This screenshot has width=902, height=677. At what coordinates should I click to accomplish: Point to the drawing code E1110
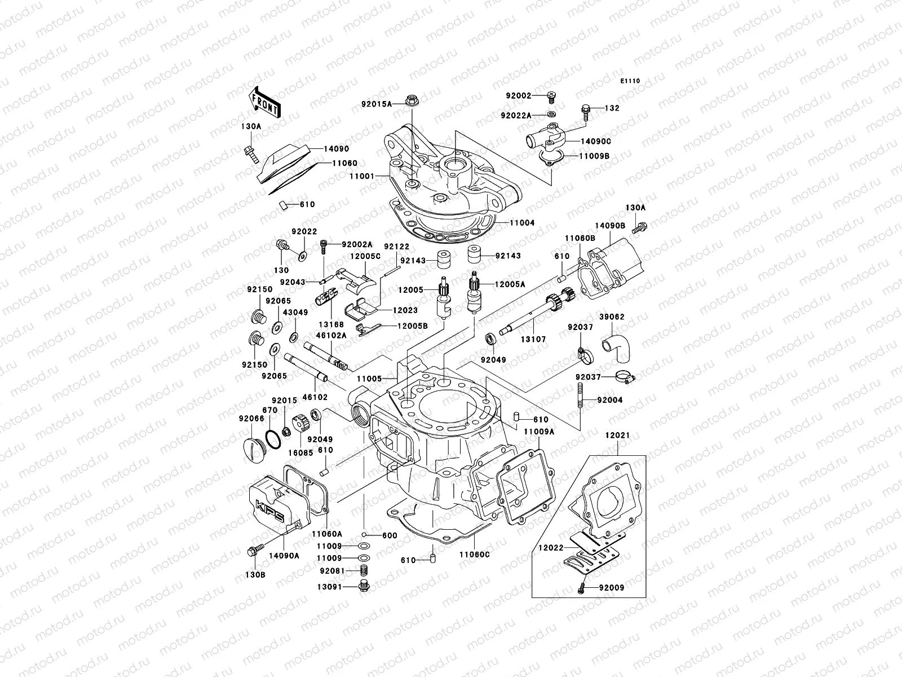pyautogui.click(x=630, y=81)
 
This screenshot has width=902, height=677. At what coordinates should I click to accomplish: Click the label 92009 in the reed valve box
pyautogui.click(x=612, y=587)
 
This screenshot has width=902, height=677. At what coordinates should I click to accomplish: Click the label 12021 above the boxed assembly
pyautogui.click(x=618, y=436)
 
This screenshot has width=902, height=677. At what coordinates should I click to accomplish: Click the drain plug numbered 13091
pyautogui.click(x=364, y=587)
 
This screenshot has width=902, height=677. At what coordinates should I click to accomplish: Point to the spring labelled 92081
pyautogui.click(x=364, y=570)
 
